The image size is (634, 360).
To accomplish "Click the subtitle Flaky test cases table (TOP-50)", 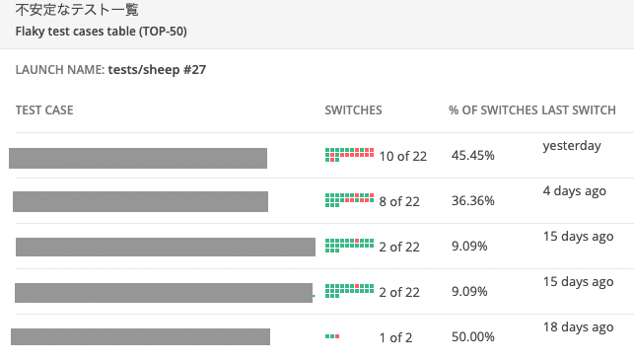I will (x=102, y=31).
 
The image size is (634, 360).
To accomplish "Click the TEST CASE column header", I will (x=44, y=109).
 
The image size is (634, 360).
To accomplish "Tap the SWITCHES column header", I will (x=353, y=109).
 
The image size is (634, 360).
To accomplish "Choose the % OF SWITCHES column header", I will (x=493, y=109).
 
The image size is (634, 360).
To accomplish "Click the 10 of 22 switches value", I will (x=402, y=156).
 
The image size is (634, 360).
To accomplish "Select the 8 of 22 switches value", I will (x=399, y=201).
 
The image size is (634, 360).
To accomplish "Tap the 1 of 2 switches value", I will (x=395, y=337).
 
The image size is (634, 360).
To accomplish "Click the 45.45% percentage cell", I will (x=473, y=156).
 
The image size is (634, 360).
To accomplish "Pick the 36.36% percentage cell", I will (x=473, y=201).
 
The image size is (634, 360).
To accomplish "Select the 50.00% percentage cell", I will (x=473, y=337).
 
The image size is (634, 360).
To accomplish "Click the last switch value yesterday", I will (x=571, y=146).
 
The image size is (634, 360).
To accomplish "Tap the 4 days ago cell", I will (x=574, y=191).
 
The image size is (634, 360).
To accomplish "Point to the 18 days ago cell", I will (x=578, y=326).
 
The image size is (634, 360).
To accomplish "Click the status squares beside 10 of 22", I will (x=349, y=155).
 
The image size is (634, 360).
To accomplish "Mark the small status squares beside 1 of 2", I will (x=332, y=337).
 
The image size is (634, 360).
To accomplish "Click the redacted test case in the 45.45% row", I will (x=138, y=158).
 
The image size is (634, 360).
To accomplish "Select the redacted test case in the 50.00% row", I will (x=140, y=336).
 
